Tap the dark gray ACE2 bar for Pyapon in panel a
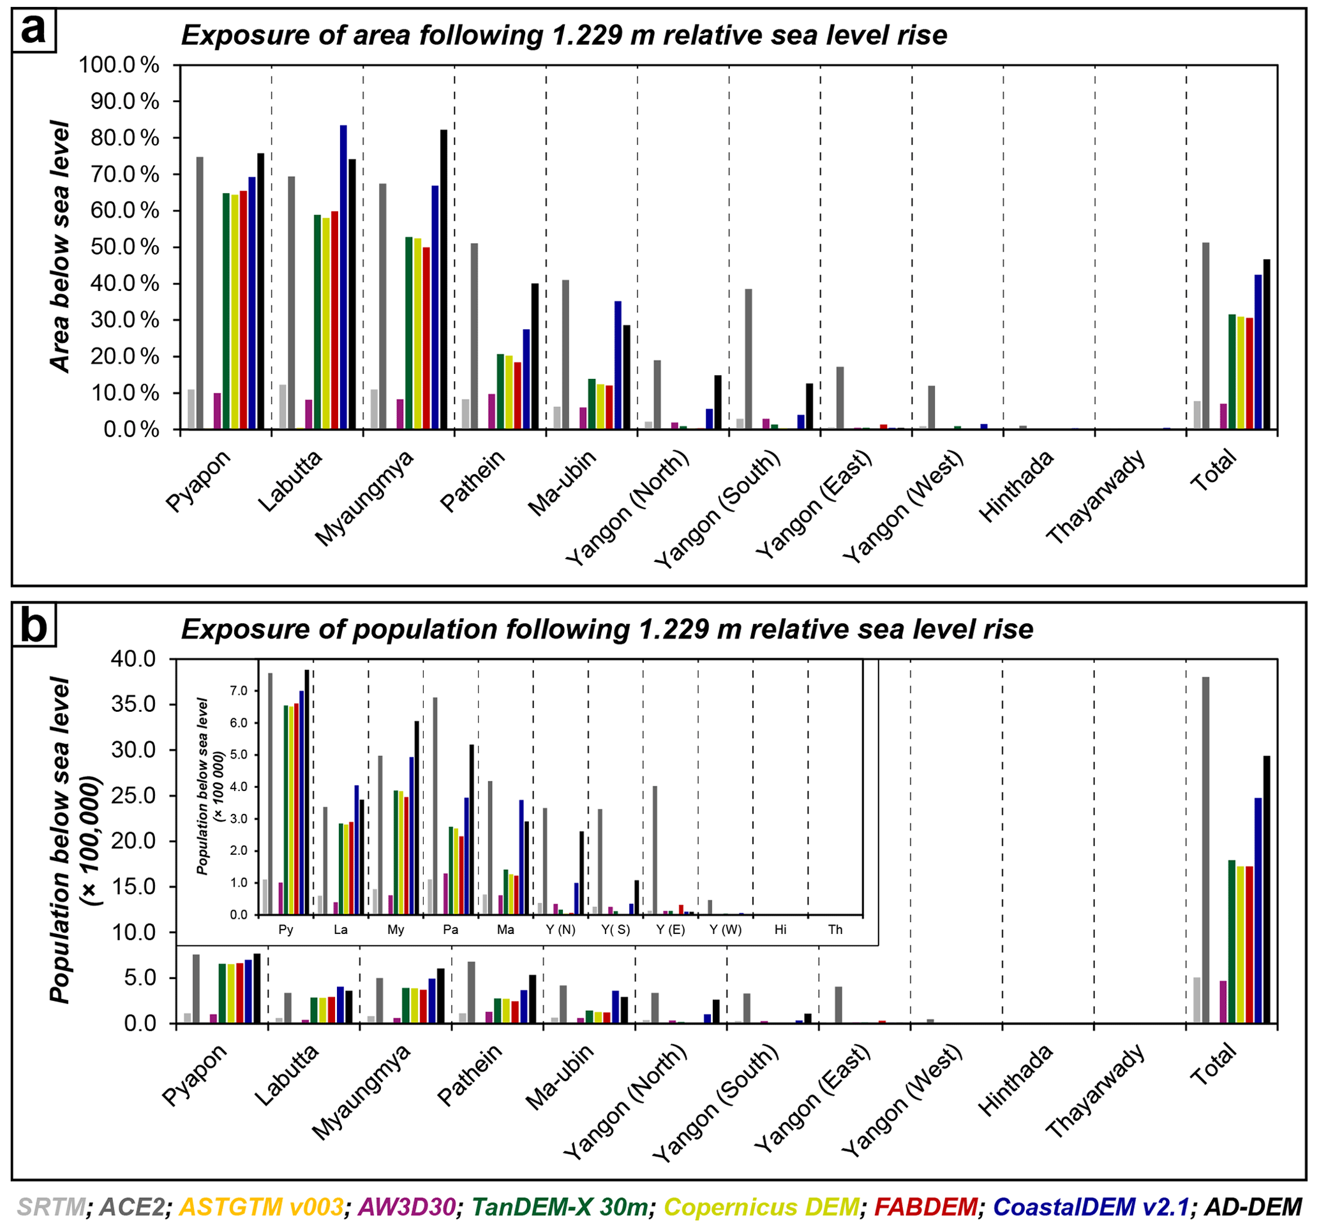200,293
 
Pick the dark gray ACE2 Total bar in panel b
1205,850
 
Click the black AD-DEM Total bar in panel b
1266,889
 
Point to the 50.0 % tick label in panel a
119,248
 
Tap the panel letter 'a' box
34,31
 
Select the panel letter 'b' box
34,625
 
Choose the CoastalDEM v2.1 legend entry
1091,1207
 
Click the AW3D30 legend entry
406,1207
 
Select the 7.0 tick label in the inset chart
239,691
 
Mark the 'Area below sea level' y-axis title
61,246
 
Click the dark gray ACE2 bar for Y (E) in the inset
655,850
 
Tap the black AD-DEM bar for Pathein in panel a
535,356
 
